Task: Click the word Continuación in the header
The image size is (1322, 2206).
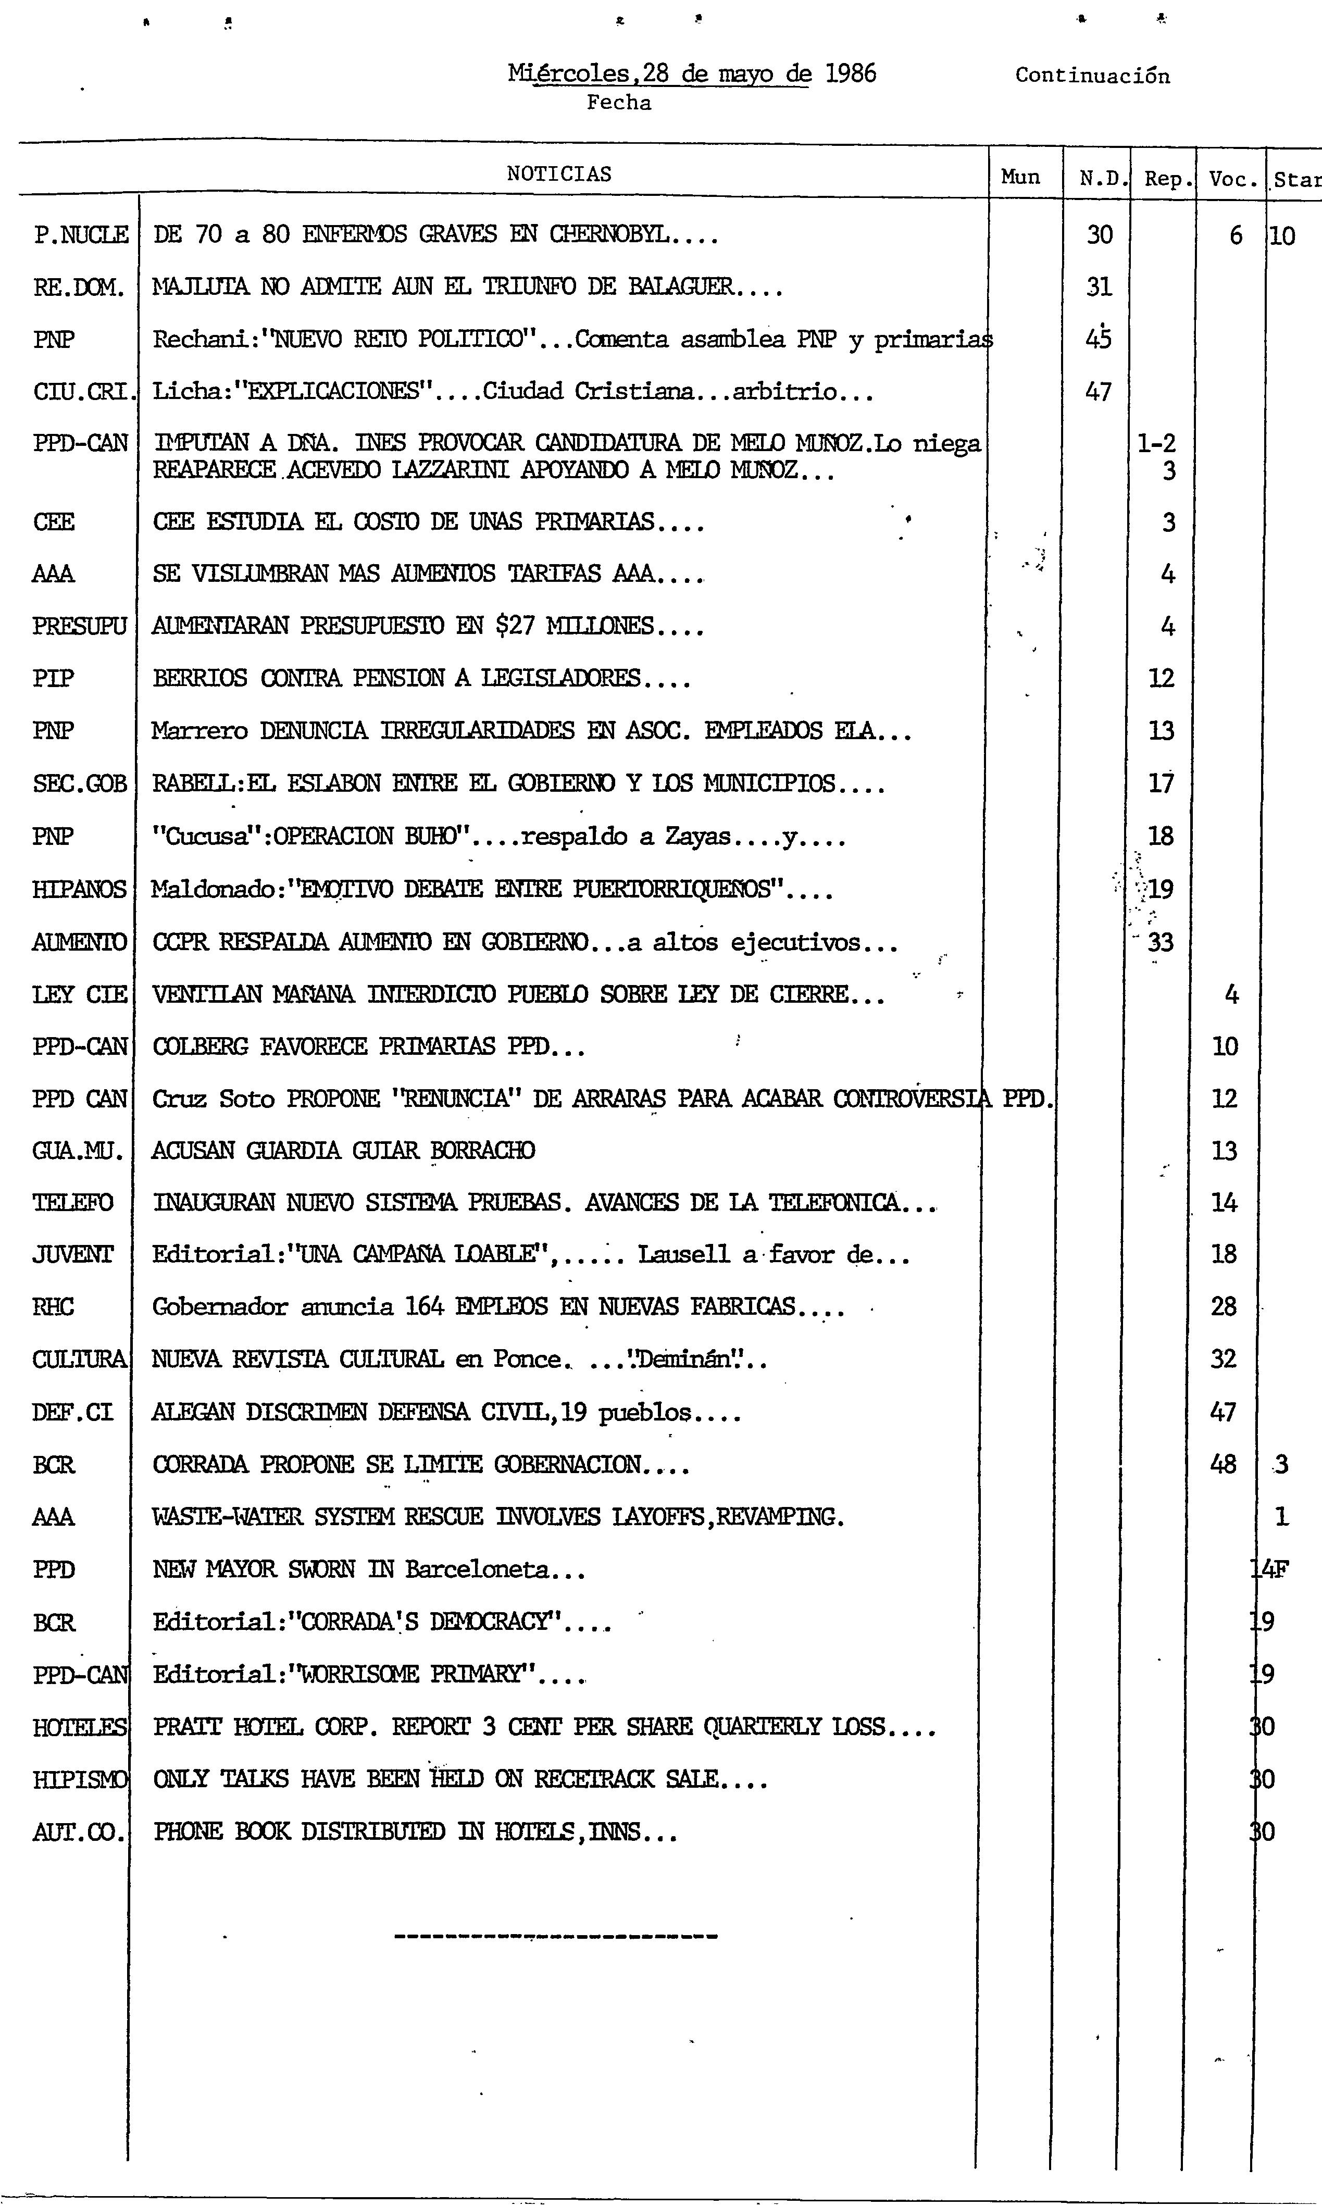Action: click(1092, 76)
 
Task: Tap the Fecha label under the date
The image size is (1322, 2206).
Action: click(619, 103)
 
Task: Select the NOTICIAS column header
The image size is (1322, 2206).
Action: click(558, 173)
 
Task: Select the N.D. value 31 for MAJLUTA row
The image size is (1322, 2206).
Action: click(1099, 287)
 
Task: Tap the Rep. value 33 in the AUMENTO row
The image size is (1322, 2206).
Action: click(1160, 942)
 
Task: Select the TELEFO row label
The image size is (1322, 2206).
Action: click(73, 1203)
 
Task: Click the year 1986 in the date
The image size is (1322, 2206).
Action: click(851, 74)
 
